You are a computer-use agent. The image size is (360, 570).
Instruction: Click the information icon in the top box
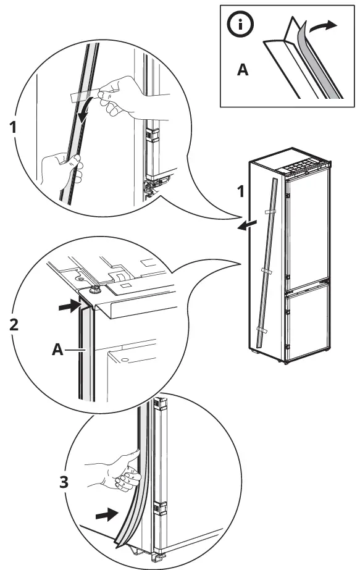pos(238,25)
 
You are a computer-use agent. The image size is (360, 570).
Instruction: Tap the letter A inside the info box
pos(243,70)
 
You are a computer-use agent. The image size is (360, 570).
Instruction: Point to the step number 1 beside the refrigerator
pos(241,192)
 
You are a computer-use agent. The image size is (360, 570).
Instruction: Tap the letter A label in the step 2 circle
pos(57,350)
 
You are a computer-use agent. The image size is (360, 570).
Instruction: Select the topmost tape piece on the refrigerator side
pos(269,211)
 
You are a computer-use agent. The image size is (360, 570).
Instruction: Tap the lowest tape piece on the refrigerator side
pos(261,331)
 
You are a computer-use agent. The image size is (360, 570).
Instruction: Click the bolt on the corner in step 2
pos(95,288)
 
